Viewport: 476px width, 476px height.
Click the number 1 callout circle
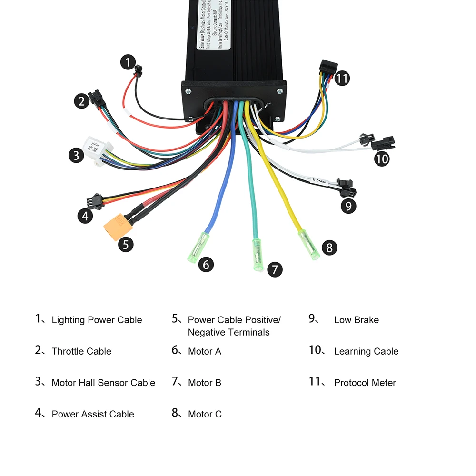128,61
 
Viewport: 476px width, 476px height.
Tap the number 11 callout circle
342,78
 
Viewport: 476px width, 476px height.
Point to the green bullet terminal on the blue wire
198,247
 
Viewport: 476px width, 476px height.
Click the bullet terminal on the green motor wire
258,255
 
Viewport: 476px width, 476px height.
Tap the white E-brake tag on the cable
319,181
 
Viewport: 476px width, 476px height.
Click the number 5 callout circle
126,245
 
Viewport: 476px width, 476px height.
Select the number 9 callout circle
348,206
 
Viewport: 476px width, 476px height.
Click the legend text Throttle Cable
81,351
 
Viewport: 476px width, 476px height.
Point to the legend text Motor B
205,383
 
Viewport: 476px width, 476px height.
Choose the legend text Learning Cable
366,351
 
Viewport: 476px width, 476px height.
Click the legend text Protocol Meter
365,383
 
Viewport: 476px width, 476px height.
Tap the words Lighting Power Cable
97,320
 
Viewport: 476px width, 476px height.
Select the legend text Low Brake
356,320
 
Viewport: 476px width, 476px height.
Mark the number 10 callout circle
382,158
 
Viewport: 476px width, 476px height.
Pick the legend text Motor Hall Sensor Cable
103,383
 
